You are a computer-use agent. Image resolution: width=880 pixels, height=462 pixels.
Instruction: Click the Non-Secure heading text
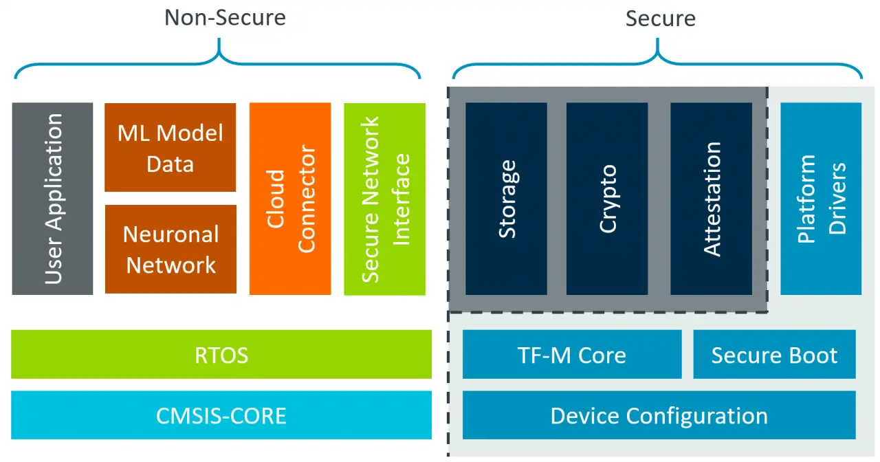pyautogui.click(x=225, y=18)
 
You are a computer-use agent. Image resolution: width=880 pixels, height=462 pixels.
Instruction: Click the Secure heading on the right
pyautogui.click(x=660, y=19)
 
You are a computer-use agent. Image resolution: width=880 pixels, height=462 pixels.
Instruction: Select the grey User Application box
pyautogui.click(x=52, y=199)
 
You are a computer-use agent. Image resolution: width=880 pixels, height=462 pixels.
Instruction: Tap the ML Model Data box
pyautogui.click(x=170, y=147)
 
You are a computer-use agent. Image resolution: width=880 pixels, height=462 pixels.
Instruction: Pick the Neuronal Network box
pyautogui.click(x=170, y=249)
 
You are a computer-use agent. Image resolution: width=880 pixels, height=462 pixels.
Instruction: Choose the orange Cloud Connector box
pyautogui.click(x=290, y=199)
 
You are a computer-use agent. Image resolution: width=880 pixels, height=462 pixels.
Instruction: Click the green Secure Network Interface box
pyautogui.click(x=384, y=199)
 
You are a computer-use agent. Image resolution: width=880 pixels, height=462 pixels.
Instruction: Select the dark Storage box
pyautogui.click(x=506, y=199)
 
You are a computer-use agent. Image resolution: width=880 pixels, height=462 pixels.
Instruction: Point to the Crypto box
pyautogui.click(x=607, y=199)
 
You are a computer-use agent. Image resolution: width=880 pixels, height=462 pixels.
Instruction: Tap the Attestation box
pyautogui.click(x=711, y=199)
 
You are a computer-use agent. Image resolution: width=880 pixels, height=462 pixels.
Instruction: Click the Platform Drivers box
pyautogui.click(x=820, y=199)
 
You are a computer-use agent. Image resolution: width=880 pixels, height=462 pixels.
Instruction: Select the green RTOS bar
pyautogui.click(x=221, y=355)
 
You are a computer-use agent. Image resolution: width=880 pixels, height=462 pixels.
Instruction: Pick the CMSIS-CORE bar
pyautogui.click(x=221, y=415)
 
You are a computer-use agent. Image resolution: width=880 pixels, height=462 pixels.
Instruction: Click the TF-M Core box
pyautogui.click(x=572, y=355)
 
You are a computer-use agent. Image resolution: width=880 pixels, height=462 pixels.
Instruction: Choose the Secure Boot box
pyautogui.click(x=774, y=355)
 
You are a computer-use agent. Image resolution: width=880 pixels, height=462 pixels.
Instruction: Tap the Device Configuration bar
pyautogui.click(x=659, y=415)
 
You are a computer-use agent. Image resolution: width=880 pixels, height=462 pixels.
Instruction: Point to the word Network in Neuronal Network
pyautogui.click(x=171, y=265)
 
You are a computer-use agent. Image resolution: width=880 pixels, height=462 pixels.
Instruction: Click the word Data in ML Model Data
pyautogui.click(x=170, y=164)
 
